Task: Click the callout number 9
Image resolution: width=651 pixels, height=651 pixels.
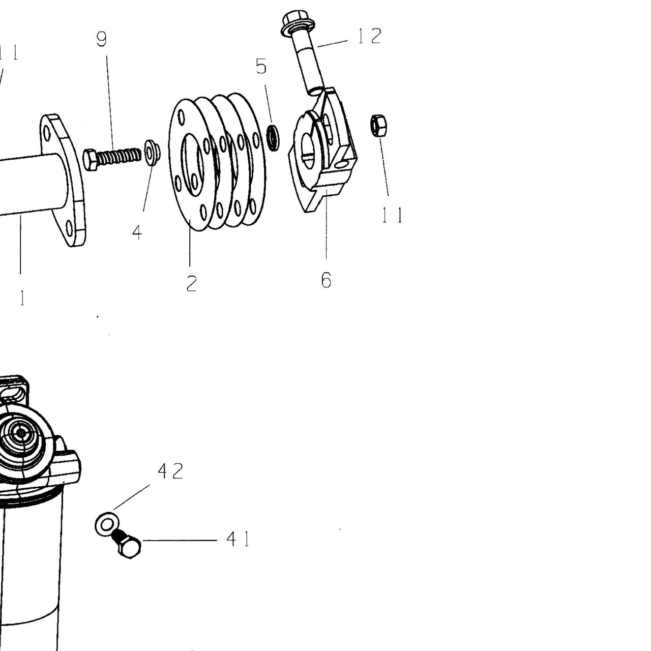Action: pos(101,39)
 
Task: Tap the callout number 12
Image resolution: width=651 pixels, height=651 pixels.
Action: pos(370,36)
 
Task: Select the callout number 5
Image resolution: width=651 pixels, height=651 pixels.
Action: pos(261,66)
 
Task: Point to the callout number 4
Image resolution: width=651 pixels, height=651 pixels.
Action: pos(137,233)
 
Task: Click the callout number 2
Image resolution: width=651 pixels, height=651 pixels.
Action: pos(192,283)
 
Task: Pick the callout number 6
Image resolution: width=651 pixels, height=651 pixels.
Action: pos(326,280)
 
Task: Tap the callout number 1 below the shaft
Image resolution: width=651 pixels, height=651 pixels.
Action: pos(22,298)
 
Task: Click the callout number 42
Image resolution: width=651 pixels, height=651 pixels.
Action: pos(170,471)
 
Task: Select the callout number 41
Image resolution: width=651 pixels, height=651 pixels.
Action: pos(238,539)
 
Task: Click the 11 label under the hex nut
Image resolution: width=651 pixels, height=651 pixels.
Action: pos(392,215)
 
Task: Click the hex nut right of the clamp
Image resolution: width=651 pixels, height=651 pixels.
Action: pos(379,125)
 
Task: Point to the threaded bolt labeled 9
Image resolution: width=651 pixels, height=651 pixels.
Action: pos(112,159)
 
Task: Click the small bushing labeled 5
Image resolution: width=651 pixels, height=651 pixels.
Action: pos(273,138)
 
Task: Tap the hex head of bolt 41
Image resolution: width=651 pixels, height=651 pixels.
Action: pos(129,547)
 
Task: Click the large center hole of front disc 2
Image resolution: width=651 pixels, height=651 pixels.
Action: pos(193,164)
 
